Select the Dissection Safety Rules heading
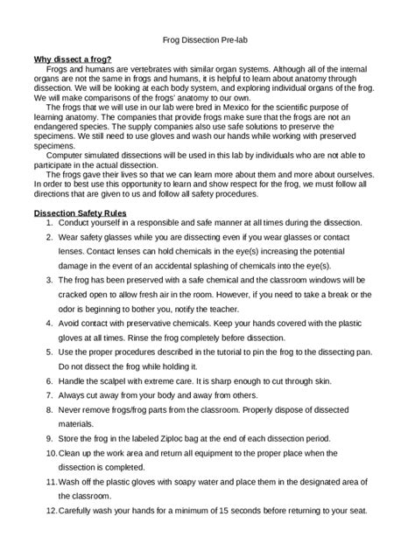point(81,213)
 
